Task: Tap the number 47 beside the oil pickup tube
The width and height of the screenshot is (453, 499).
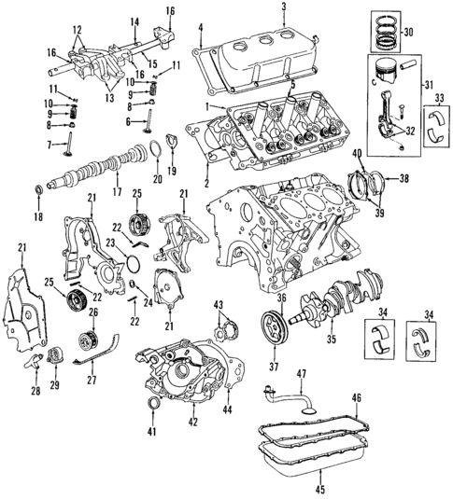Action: pyautogui.click(x=302, y=374)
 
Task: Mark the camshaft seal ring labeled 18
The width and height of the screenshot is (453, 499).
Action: pyautogui.click(x=37, y=191)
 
